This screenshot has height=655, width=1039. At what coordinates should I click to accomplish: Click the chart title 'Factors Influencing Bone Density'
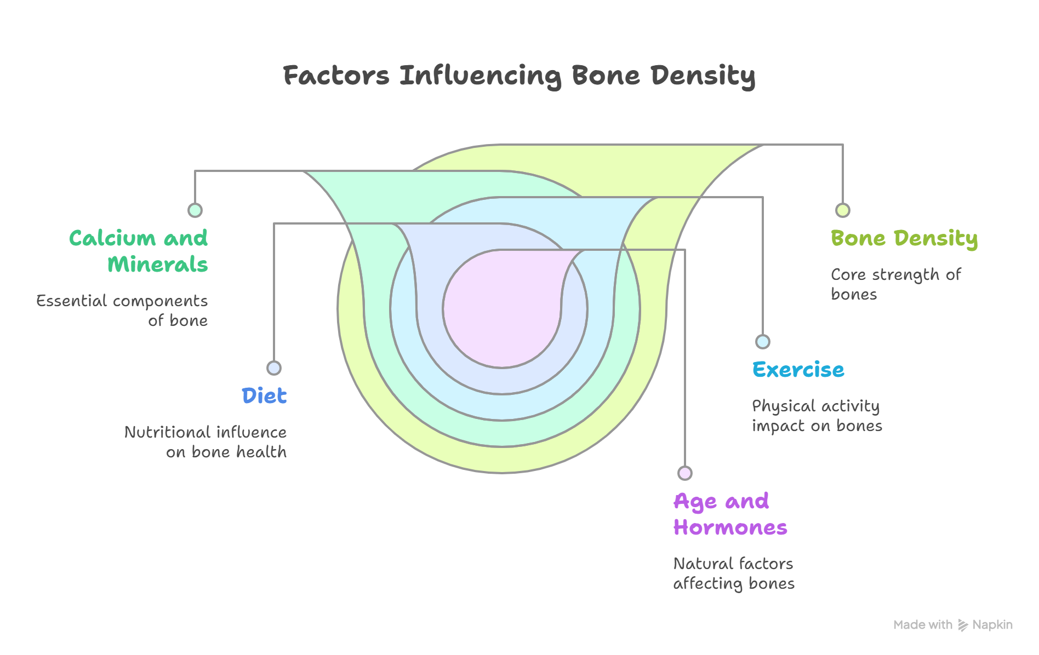point(519,76)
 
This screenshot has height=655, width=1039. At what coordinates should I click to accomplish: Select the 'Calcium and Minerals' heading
point(139,251)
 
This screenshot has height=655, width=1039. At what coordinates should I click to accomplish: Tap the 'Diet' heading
point(264,395)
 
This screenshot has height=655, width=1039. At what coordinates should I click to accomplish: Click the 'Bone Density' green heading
point(904,239)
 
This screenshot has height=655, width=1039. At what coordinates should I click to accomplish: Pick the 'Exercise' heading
point(798,370)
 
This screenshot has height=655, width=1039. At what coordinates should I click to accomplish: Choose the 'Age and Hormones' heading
point(730,514)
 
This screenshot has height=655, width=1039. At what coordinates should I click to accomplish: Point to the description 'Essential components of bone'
point(122,311)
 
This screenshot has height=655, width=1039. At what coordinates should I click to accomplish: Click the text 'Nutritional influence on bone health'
point(205,442)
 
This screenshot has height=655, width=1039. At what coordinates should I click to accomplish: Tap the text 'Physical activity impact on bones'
point(817,416)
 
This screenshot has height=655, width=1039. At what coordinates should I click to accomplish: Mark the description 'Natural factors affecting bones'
point(734,573)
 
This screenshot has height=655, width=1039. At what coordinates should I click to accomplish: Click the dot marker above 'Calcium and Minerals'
point(195,210)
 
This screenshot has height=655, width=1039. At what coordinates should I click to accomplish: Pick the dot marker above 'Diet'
point(274,367)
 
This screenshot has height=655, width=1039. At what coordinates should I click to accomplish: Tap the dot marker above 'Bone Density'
point(843,210)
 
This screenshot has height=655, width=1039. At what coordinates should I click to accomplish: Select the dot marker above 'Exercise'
point(763,342)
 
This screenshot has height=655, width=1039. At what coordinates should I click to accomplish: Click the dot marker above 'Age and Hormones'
point(685,473)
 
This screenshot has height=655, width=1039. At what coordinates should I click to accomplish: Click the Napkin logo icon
point(963,625)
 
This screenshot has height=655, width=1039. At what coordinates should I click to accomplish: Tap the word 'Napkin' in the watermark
point(992,625)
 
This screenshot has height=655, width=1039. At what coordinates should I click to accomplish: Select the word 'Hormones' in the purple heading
point(730,528)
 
